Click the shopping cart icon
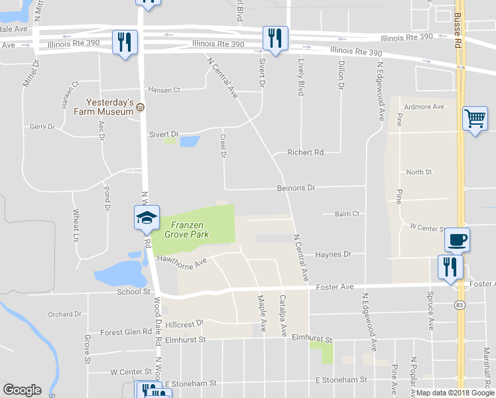(475, 119)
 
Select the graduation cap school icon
(147, 217)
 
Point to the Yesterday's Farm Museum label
(111, 107)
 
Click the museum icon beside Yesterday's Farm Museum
(141, 107)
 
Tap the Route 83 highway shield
(459, 305)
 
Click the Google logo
(23, 390)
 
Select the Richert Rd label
(305, 153)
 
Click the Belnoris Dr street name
(295, 188)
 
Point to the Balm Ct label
(347, 214)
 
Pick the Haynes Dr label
(333, 254)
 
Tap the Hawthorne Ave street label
(182, 261)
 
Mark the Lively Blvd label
(301, 77)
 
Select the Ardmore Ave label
(424, 107)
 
